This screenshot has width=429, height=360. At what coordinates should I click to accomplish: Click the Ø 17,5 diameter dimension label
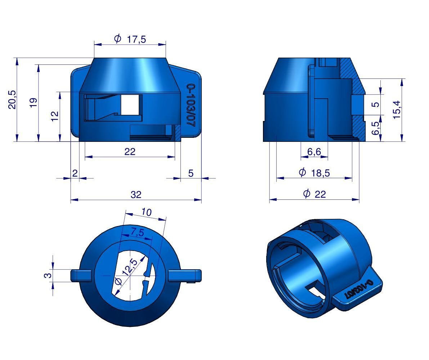[130, 39]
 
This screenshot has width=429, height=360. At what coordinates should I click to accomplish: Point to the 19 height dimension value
[33, 103]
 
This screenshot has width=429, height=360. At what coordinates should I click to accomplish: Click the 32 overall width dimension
[136, 195]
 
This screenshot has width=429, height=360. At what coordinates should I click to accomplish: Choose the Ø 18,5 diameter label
[314, 173]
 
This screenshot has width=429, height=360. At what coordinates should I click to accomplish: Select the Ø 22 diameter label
[315, 194]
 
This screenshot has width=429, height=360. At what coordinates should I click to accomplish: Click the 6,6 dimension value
[314, 152]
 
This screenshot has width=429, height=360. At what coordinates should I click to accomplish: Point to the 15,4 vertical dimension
[397, 109]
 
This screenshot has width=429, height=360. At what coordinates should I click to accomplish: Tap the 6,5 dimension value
[376, 128]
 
